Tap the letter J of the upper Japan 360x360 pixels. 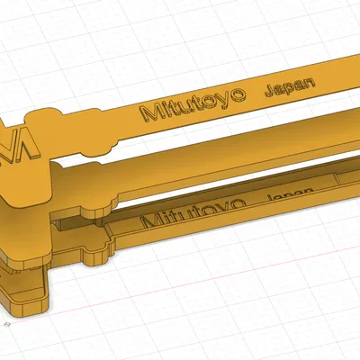(x=267, y=91)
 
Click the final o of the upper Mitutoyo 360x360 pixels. (x=238, y=96)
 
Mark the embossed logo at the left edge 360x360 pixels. (x=20, y=144)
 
